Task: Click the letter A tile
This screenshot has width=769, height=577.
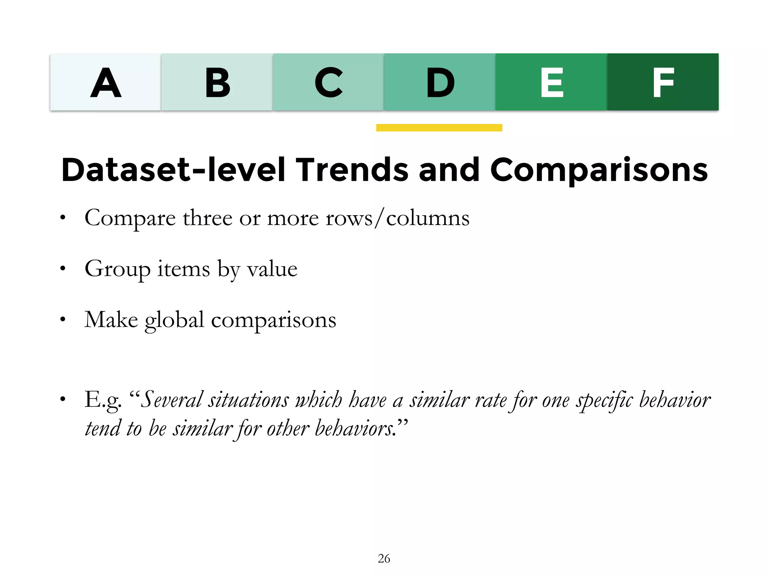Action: tap(106, 82)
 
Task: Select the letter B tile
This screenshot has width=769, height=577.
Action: tap(217, 82)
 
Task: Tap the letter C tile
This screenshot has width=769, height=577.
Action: tap(328, 82)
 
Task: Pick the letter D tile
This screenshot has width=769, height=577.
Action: tap(440, 82)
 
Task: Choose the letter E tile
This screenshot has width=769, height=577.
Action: tap(551, 82)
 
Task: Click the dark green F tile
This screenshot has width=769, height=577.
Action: tap(663, 82)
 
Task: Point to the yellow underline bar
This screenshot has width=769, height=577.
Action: tap(439, 128)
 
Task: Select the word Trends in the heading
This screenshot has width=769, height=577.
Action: tap(352, 170)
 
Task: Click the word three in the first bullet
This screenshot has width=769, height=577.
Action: tap(207, 218)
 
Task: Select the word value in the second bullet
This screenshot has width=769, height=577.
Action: tap(272, 269)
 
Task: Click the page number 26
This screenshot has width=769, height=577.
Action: tap(384, 559)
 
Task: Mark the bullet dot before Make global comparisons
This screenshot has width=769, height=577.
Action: tap(63, 320)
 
